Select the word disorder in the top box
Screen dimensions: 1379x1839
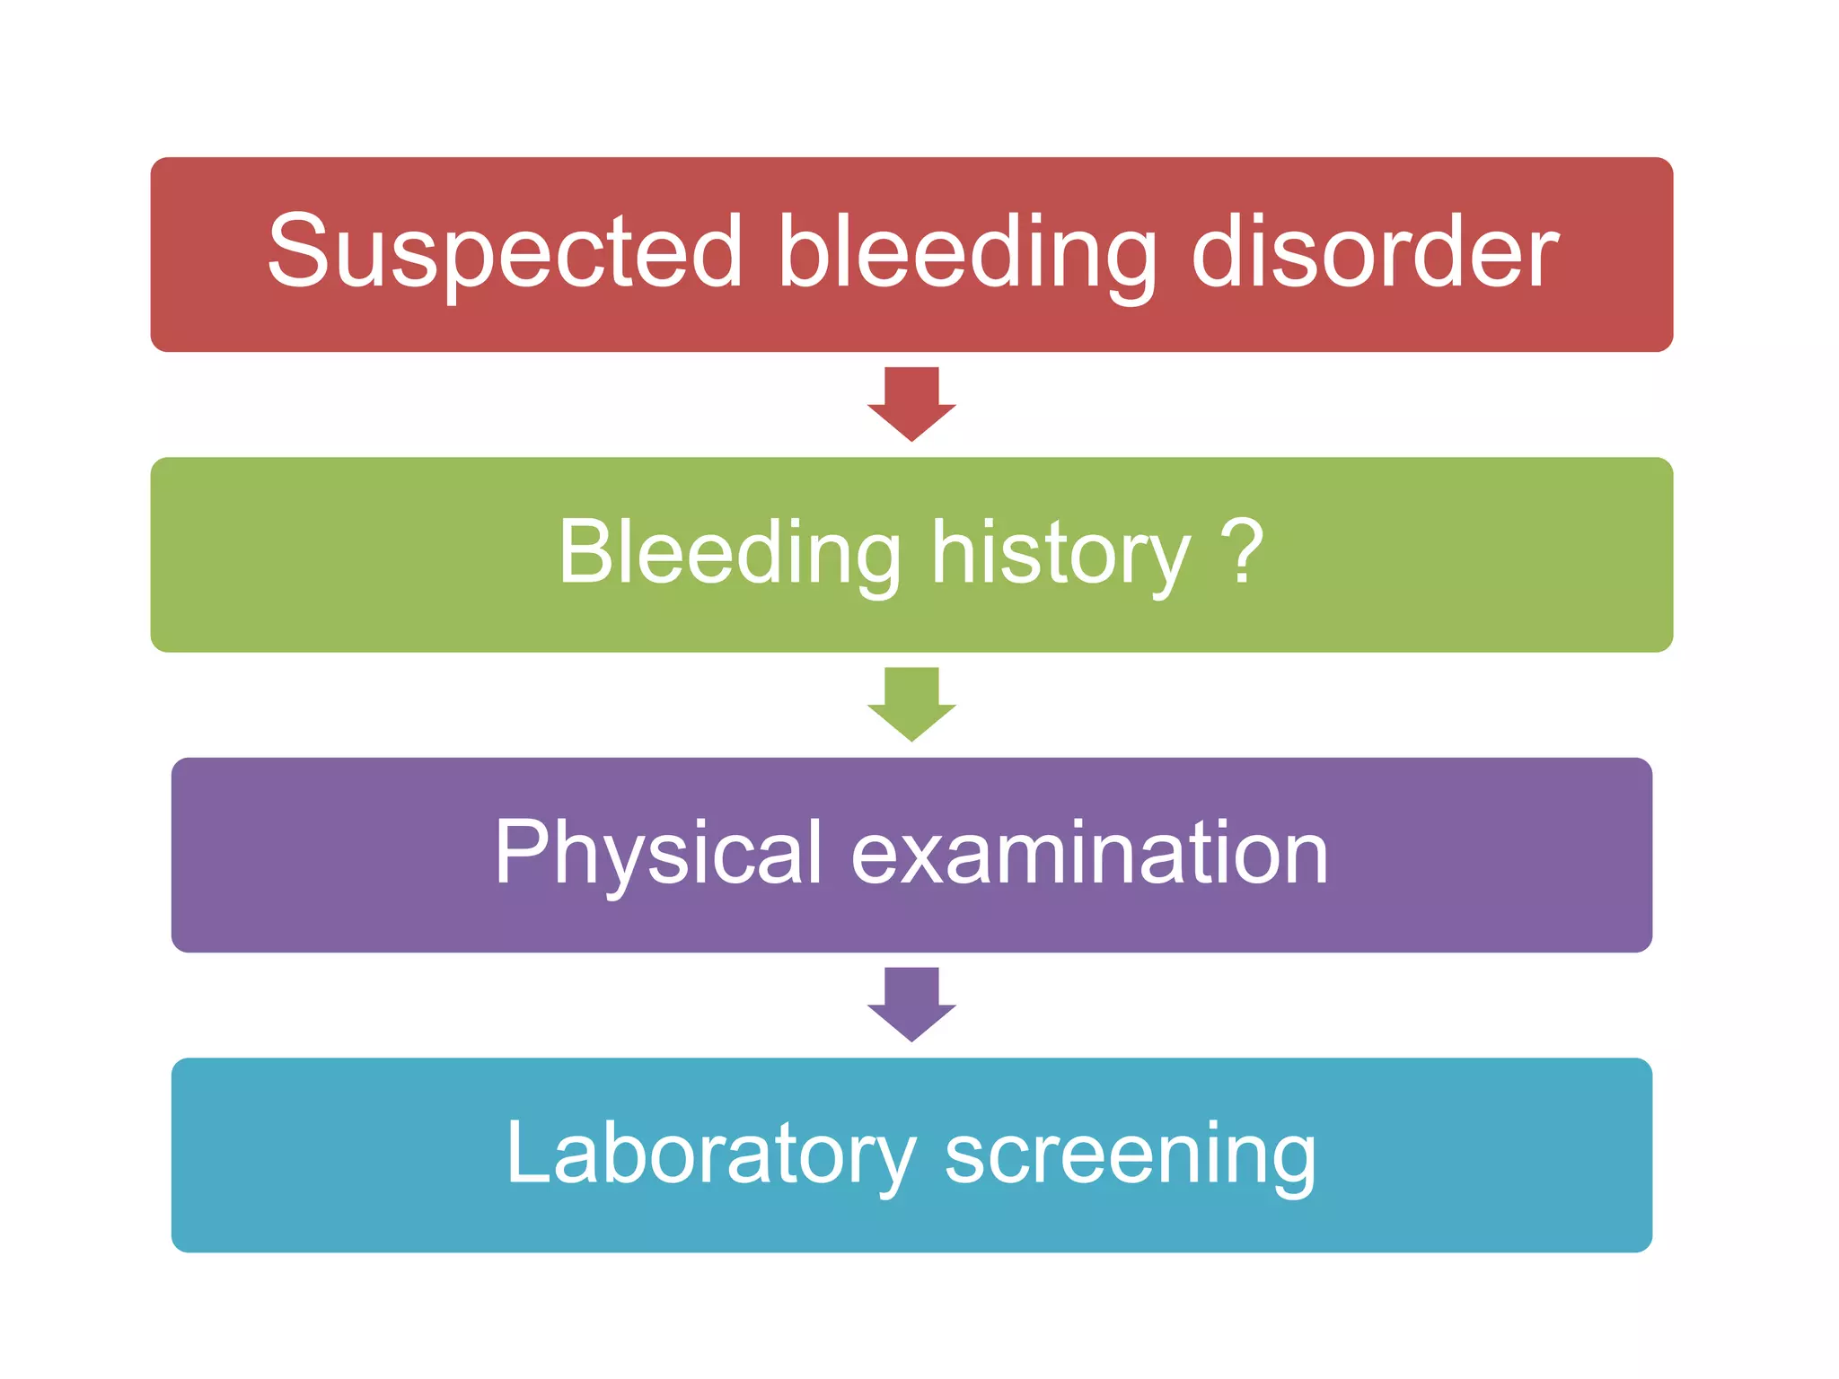tap(1375, 253)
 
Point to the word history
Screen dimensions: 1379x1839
tap(1060, 554)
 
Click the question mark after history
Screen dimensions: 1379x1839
tap(1243, 551)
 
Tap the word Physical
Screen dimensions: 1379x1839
tap(657, 854)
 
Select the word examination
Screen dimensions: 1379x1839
tap(1089, 854)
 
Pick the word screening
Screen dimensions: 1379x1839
tap(1131, 1155)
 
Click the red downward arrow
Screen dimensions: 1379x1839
tap(911, 403)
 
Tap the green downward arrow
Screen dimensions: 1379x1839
tap(911, 703)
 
